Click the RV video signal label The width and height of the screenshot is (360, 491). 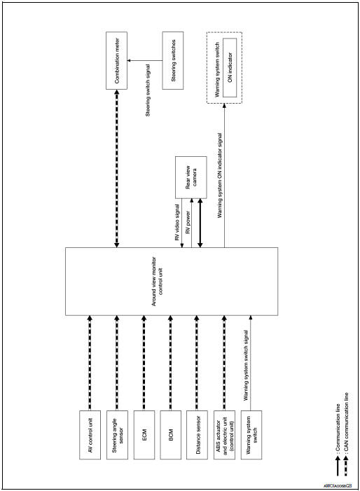point(176,222)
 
